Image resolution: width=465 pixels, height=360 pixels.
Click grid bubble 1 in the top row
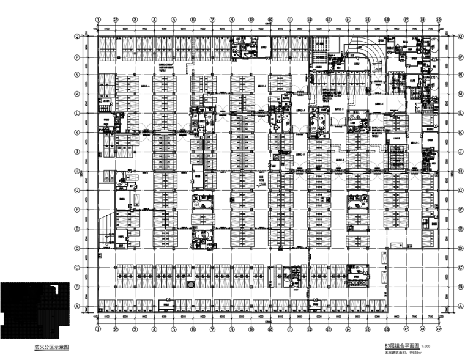coord(97,19)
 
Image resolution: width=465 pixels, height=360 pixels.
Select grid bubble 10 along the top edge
coord(270,19)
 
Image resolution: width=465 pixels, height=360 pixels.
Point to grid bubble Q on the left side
coord(77,36)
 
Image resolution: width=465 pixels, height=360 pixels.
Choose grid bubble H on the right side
coord(459,171)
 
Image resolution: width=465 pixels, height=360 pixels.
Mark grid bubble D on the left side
coord(77,248)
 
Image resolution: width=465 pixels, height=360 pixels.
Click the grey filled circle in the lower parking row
coord(191,284)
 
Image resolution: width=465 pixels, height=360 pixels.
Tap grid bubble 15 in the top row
coord(366,19)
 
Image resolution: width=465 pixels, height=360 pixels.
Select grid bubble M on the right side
coord(459,94)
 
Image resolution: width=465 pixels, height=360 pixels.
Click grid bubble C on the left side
coord(77,268)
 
